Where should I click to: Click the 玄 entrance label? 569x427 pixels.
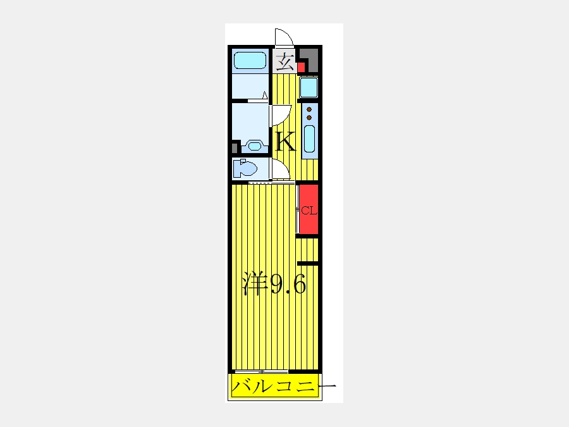pos(284,62)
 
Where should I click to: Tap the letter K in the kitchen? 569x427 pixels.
pos(285,141)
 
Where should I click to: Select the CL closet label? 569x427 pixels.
pos(308,210)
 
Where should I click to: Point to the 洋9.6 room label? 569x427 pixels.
pos(274,285)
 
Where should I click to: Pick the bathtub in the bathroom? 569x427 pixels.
pos(250,61)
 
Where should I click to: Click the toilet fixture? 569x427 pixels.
pos(245,169)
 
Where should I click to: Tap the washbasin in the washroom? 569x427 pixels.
pos(254,145)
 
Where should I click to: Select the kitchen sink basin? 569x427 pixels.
pos(309,139)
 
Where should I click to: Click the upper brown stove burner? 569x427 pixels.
pos(309,110)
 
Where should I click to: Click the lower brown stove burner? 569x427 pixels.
pos(309,118)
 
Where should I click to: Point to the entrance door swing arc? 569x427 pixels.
pos(282,37)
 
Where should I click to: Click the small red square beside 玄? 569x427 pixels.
pos(301,65)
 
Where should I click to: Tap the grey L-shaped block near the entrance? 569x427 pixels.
pos(309,60)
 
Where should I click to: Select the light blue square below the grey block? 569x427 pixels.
pos(309,87)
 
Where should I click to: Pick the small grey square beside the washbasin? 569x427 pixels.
pos(235,147)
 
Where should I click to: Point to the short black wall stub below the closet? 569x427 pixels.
pos(307,263)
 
